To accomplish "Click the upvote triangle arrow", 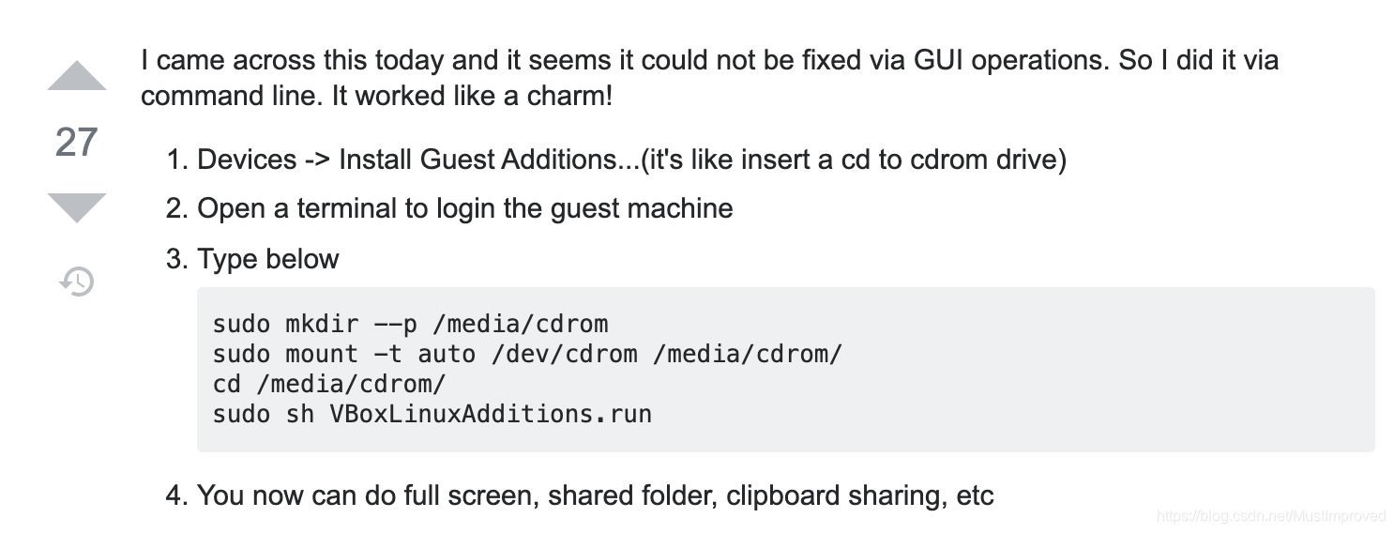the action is (x=77, y=76).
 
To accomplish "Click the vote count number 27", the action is (x=77, y=142).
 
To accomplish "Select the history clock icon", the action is (x=77, y=281).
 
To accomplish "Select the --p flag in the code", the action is (x=395, y=325).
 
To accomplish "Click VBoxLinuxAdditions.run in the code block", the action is (x=491, y=414).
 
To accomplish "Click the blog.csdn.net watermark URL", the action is (x=1271, y=516).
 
